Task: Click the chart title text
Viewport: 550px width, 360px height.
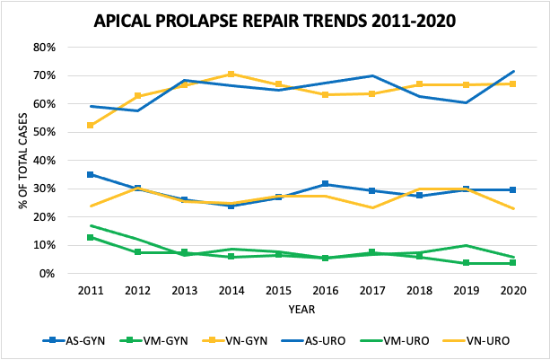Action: pos(275,19)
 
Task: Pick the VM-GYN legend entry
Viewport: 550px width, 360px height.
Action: pos(153,340)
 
